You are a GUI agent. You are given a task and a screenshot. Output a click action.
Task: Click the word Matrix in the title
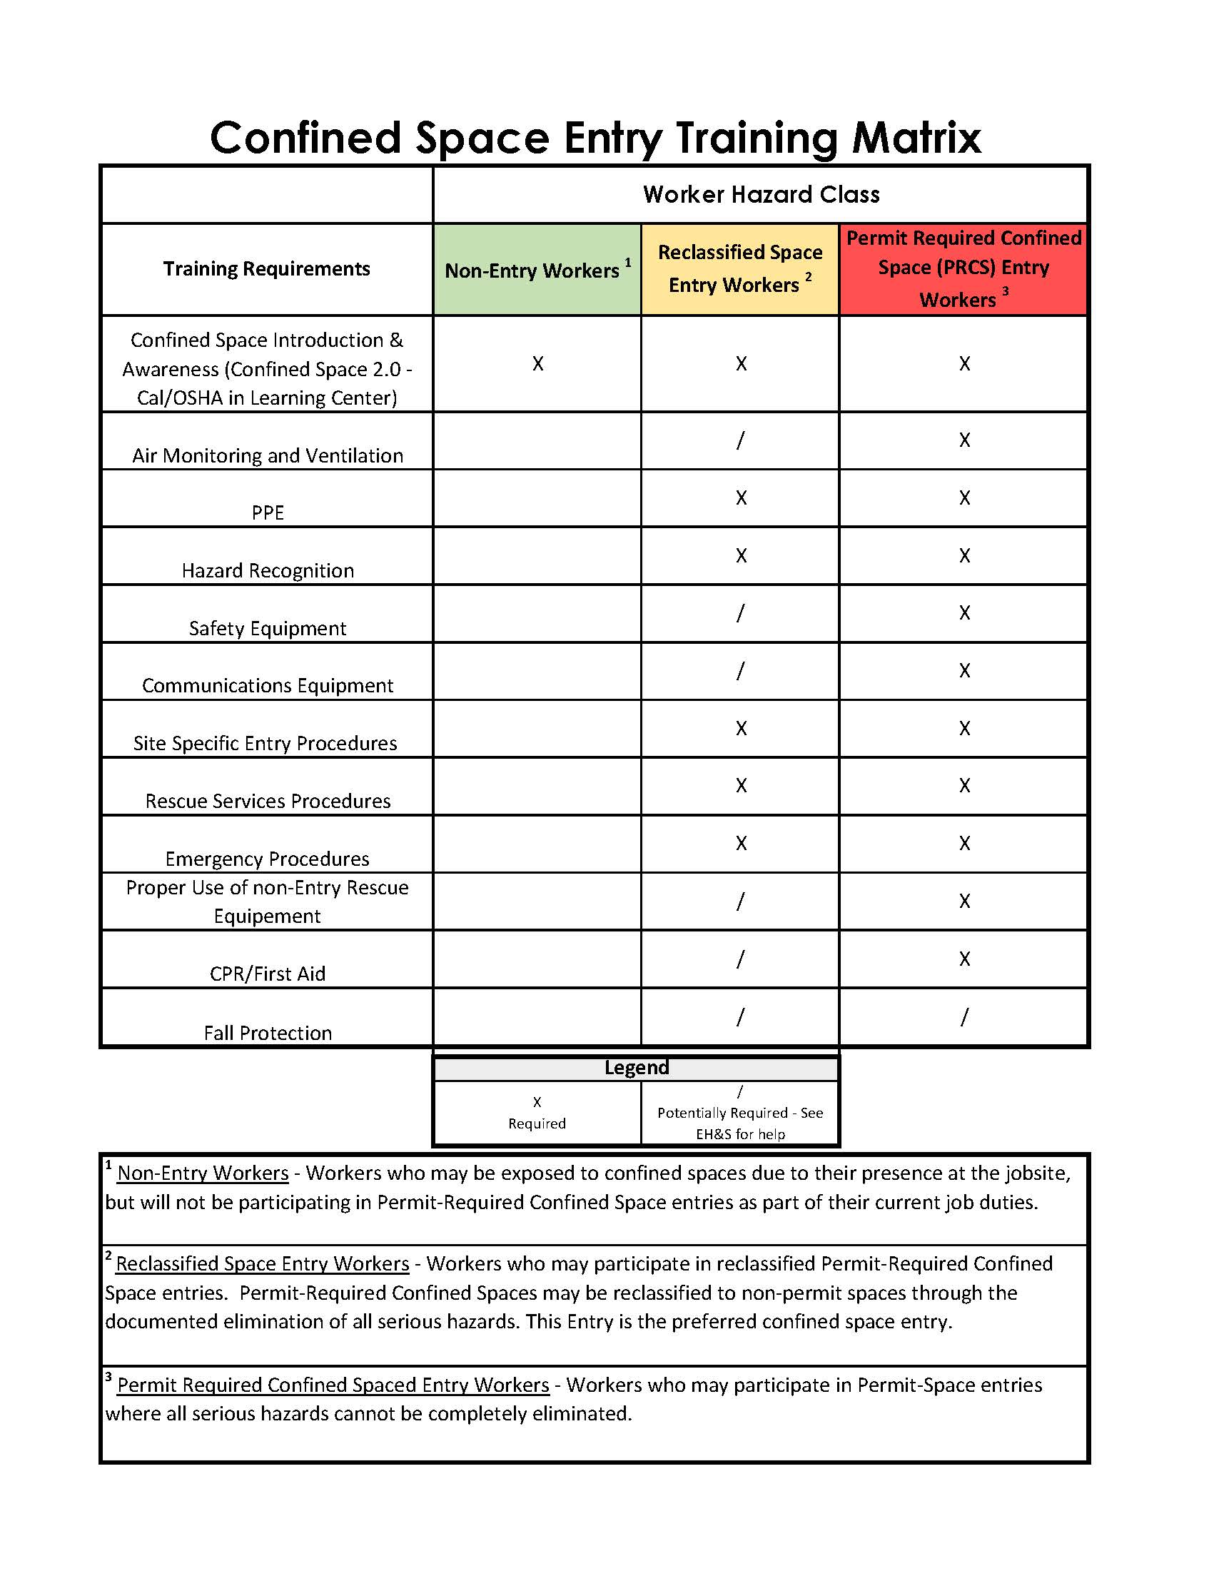[916, 137]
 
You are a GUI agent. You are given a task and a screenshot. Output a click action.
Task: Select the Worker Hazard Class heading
[761, 194]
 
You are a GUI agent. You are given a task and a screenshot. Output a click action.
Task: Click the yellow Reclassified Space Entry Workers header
[739, 268]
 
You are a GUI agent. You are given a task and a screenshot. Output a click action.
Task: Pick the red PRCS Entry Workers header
[963, 268]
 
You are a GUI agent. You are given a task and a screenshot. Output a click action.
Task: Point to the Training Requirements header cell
[266, 268]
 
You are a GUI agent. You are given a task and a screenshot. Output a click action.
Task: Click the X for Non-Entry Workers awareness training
[537, 363]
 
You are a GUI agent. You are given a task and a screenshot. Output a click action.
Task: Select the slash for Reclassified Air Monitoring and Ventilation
[740, 440]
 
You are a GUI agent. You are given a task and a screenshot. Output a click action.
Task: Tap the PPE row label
[268, 512]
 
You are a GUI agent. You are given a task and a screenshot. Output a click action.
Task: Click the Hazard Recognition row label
[268, 570]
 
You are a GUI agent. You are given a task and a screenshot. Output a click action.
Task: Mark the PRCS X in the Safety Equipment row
[964, 613]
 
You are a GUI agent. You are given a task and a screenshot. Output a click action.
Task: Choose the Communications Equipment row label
[268, 685]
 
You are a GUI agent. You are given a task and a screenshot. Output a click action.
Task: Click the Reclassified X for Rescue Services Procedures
[741, 785]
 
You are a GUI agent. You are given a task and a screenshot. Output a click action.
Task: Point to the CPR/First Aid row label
[268, 974]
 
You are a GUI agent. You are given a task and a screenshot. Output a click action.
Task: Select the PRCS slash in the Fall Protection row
[964, 1016]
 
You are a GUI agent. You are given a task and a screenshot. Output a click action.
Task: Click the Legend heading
[637, 1068]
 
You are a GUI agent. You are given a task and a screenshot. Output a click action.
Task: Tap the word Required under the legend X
[537, 1123]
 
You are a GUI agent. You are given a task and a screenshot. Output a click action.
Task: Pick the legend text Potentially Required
[722, 1113]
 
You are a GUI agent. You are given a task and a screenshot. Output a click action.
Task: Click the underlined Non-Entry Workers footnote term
[203, 1173]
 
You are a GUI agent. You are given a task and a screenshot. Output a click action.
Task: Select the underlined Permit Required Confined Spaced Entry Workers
[333, 1385]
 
